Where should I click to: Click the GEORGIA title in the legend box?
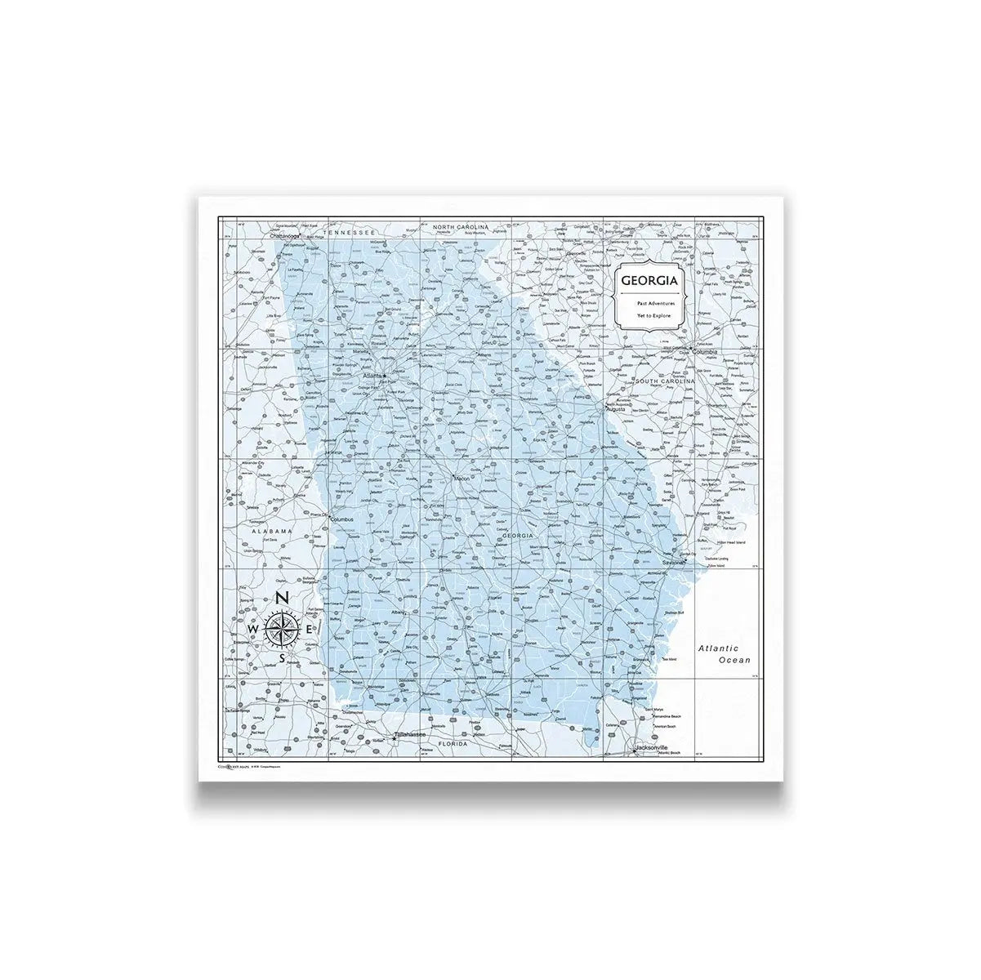coord(649,280)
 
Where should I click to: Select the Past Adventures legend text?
coord(651,303)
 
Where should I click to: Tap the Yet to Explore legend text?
coord(650,314)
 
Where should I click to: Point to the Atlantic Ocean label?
coord(723,653)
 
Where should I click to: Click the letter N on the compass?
coord(281,599)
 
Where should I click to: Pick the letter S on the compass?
coord(282,657)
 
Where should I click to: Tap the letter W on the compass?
coord(253,629)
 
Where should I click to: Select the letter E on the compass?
coord(309,629)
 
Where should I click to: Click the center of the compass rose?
coord(282,628)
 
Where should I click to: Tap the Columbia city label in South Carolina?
coord(705,352)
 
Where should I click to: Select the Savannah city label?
coord(675,563)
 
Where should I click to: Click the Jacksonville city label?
coord(651,747)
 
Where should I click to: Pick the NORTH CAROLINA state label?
coord(460,226)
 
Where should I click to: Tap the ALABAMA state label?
coord(271,531)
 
